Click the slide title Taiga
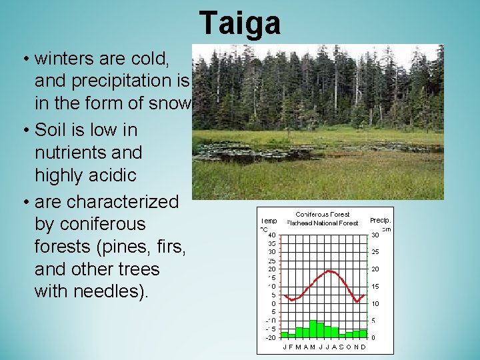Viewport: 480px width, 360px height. coord(240,23)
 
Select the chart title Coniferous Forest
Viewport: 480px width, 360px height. coord(323,215)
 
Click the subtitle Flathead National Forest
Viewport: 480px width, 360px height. coord(323,223)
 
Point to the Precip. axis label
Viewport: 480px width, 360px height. coord(381,220)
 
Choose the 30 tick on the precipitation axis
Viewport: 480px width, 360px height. coord(375,235)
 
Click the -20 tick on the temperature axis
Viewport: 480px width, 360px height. coord(271,337)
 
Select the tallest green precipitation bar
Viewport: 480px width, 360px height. coord(313,329)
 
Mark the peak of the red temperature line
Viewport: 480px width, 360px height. coord(328,271)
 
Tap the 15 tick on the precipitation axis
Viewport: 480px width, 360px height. coord(375,287)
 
